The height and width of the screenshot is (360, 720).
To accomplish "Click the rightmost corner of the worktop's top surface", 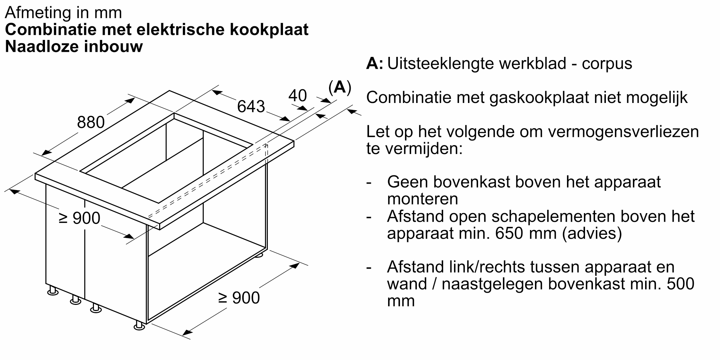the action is pos(294,141).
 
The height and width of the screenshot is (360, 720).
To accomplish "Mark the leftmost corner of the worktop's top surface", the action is pos(35,174).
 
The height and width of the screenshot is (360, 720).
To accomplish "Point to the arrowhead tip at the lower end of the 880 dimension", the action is pos(41,156).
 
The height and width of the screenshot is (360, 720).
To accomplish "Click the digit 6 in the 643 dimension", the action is pos(242,107).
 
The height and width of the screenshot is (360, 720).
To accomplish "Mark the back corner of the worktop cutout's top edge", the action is pos(174,113).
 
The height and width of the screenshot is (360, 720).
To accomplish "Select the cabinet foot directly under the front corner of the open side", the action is pos(139,325).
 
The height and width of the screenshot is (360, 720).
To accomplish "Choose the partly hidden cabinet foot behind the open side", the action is pos(259,255).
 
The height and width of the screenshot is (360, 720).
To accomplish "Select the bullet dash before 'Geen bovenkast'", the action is pos(369,183).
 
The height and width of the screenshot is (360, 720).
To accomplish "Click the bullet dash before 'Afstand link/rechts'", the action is pos(369,267).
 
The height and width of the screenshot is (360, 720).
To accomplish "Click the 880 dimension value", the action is pos(91,122).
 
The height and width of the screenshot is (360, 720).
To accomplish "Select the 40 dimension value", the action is pos(298,96).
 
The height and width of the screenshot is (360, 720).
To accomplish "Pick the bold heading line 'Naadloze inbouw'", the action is pos(74,47).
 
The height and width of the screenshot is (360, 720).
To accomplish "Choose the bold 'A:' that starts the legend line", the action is pos(375,64).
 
